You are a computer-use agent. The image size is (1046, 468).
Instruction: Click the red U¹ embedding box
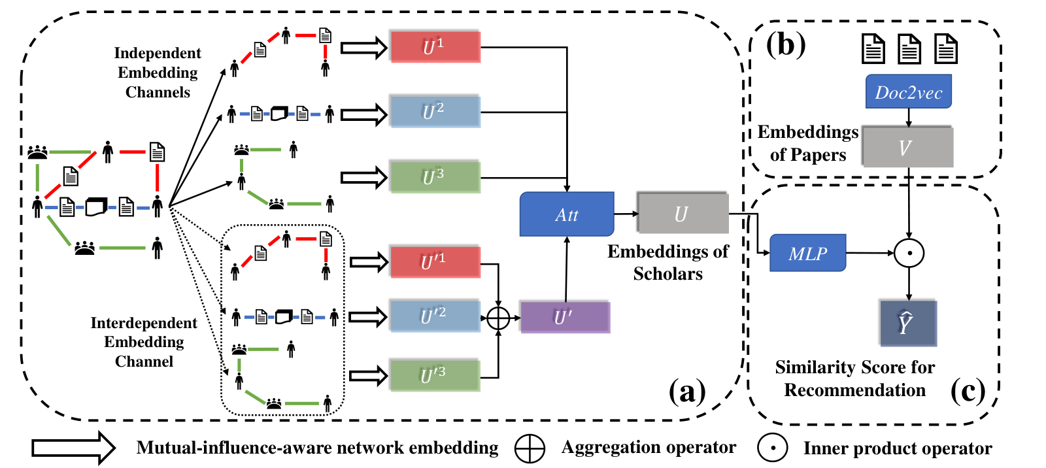(435, 46)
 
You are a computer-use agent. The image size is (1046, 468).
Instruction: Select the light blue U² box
(435, 112)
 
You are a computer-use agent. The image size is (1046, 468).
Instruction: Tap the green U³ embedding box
(435, 177)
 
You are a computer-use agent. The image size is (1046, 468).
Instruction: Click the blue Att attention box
(567, 214)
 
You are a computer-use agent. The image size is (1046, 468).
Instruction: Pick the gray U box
(683, 213)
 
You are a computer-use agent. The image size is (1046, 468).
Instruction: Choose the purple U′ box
(565, 318)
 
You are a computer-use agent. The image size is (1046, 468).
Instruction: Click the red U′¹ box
(435, 262)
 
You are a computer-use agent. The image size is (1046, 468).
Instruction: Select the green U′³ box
(435, 375)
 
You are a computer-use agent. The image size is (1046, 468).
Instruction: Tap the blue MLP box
(808, 253)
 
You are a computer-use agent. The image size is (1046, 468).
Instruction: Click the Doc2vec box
(909, 92)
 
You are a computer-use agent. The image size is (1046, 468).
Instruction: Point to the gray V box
(907, 146)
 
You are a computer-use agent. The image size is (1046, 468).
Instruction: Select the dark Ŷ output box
(908, 323)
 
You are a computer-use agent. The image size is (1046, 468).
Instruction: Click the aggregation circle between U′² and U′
(498, 318)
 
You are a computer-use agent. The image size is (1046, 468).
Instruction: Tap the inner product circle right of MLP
(909, 253)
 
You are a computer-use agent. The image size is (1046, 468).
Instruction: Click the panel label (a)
(687, 392)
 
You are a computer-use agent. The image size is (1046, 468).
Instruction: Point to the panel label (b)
(786, 45)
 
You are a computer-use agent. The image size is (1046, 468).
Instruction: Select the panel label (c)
(968, 391)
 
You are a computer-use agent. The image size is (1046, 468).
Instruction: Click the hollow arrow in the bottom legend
(74, 448)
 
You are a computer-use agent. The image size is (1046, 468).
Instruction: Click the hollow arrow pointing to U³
(364, 178)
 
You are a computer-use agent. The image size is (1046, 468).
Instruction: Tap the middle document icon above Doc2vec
(909, 48)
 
